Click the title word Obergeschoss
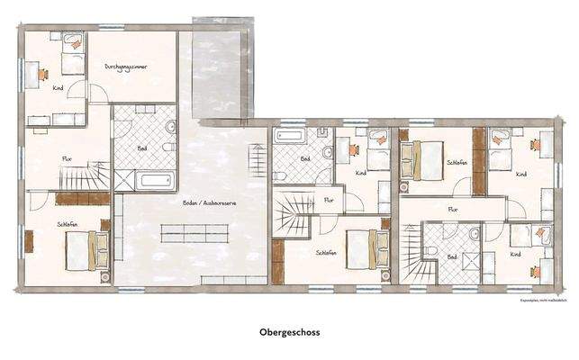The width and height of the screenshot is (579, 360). [289, 331]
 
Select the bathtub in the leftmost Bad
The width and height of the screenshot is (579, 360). [154, 181]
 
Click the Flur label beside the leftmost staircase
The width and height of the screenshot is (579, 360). [66, 158]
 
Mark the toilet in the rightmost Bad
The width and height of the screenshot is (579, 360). [432, 250]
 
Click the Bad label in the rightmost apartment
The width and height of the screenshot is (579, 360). [453, 256]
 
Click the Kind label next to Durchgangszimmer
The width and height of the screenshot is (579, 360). [58, 88]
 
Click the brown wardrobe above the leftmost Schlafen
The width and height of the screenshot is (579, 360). [82, 198]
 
